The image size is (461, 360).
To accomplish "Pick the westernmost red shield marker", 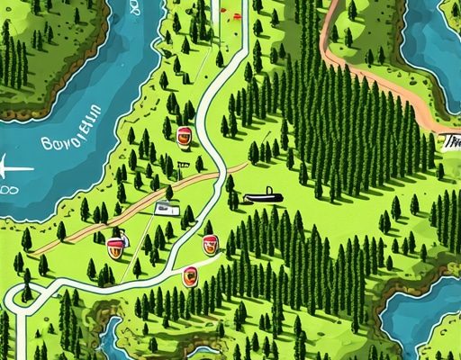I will [x=115, y=244].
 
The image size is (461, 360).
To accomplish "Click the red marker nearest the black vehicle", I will [x=211, y=243].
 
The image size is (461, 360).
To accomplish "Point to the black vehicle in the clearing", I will [x=258, y=196].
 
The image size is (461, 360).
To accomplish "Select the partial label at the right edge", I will [x=450, y=141].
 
